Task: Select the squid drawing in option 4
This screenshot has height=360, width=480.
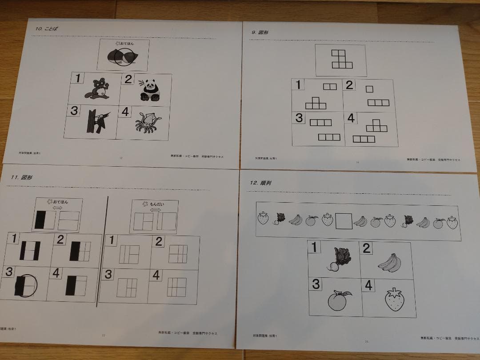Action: (147, 123)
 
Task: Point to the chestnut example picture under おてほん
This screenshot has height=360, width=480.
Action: (121, 57)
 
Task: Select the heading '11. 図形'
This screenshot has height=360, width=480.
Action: (23, 177)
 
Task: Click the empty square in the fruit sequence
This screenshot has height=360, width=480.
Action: (344, 220)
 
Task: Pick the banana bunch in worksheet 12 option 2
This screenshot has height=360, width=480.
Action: (389, 262)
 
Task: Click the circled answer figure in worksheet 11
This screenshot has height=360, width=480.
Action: (26, 284)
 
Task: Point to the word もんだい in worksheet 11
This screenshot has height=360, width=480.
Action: (156, 204)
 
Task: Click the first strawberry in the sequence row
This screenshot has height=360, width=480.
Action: (264, 218)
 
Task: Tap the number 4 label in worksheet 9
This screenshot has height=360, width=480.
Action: (351, 119)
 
